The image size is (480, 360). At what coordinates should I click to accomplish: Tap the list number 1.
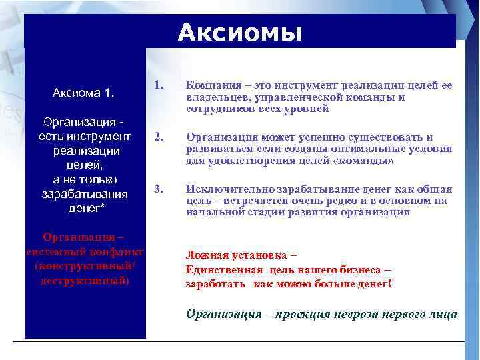point(158,85)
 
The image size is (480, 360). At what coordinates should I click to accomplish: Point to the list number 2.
point(158,137)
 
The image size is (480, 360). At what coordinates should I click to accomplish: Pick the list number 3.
point(158,189)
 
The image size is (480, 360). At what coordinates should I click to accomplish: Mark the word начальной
point(214,213)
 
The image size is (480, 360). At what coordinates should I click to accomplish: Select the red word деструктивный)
point(84,281)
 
